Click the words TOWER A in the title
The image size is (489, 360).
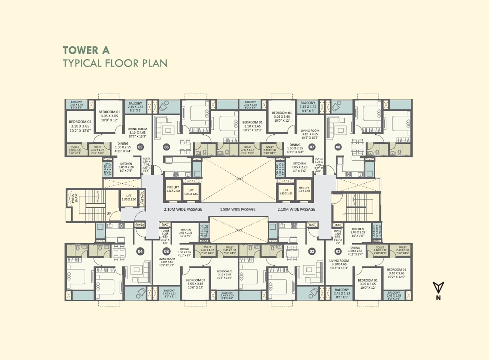pyautogui.click(x=86, y=50)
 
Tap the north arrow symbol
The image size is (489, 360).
pyautogui.click(x=438, y=288)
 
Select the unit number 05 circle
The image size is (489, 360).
pyautogui.click(x=140, y=147)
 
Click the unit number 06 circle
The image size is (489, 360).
pyautogui.click(x=166, y=147)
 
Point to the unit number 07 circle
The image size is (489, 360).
pyautogui.click(x=312, y=147)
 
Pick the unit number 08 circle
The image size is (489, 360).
pyautogui.click(x=338, y=147)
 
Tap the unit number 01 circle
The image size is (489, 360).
pyautogui.click(x=338, y=252)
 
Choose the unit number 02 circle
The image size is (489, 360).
pyautogui.click(x=312, y=252)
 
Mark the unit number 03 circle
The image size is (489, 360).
pyautogui.click(x=166, y=252)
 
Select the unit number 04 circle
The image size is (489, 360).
pyautogui.click(x=140, y=252)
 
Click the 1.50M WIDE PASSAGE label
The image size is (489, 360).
pyautogui.click(x=238, y=209)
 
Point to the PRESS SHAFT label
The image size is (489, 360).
pyautogui.click(x=75, y=198)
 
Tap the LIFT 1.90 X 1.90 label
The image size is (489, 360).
pyautogui.click(x=129, y=198)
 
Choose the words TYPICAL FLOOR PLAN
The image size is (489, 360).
pyautogui.click(x=115, y=63)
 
